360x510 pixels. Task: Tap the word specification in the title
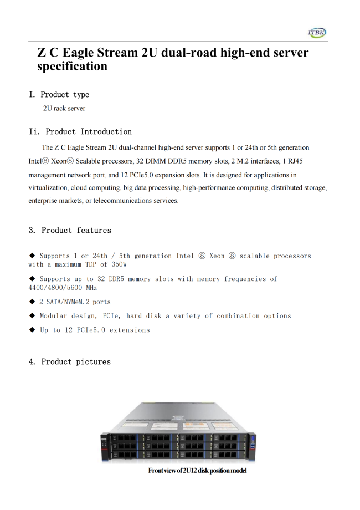72,67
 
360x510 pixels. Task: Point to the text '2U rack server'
64,109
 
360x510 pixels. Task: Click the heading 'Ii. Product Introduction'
80,132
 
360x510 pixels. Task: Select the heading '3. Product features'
70,231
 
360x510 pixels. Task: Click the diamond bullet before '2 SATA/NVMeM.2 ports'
32,302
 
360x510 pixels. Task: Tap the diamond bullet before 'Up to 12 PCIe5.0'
32,330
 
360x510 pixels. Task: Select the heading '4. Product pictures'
70,362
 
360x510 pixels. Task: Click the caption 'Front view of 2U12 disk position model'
197,471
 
